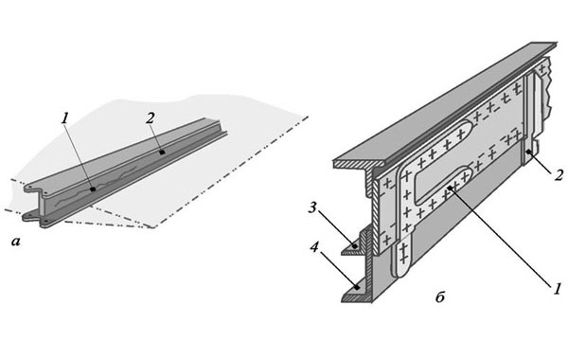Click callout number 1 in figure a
[x=65, y=119]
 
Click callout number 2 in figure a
[x=151, y=118]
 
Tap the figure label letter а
[x=15, y=242]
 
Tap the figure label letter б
[x=440, y=297]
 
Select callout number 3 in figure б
[x=313, y=208]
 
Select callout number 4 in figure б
[x=314, y=247]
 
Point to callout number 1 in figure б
[x=556, y=289]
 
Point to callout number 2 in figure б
[x=559, y=175]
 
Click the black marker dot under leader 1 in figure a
[x=93, y=189]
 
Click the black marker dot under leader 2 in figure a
[x=162, y=153]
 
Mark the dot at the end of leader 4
[x=357, y=288]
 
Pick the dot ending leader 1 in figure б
[x=450, y=188]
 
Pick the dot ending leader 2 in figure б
[x=528, y=152]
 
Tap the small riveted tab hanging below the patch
[x=403, y=257]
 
